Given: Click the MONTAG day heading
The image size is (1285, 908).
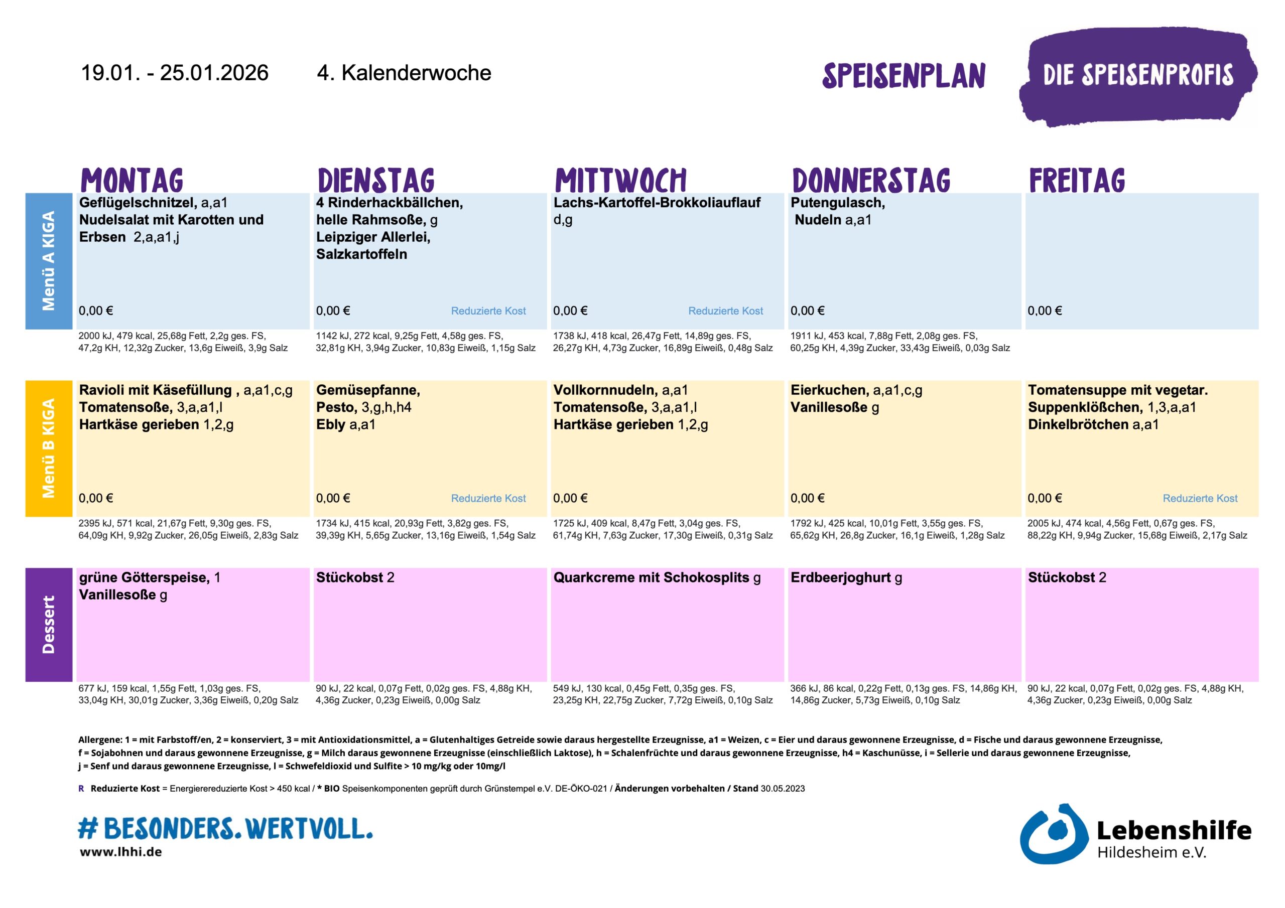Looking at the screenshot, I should point(132,180).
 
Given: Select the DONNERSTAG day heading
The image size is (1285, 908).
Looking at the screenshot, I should point(871,180).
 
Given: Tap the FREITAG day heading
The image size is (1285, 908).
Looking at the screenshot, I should point(1077,180).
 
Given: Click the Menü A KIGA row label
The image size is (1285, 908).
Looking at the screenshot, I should point(49,261).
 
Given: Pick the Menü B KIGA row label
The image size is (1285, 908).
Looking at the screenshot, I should point(49,448).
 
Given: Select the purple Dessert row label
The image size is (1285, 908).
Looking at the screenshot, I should point(49,625).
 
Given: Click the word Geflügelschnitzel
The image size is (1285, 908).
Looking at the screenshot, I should point(138,203).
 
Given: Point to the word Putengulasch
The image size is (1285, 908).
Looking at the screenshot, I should point(837,203).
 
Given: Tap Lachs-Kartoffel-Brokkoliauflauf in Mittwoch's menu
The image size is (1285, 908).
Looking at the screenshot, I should point(657,203).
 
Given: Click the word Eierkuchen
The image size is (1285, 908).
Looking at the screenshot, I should point(829,390).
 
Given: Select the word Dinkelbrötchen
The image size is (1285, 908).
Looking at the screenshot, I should point(1078,424).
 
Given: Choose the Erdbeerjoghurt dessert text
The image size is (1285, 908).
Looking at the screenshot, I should point(840,577).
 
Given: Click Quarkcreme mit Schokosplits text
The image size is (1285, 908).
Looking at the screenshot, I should point(651,577).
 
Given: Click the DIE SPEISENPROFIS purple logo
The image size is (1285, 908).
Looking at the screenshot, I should point(1138,76).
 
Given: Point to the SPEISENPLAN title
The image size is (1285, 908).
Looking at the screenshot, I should point(904,76).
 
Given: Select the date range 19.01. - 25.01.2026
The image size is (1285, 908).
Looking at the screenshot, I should point(175,73).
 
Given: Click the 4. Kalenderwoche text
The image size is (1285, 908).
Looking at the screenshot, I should point(404,73).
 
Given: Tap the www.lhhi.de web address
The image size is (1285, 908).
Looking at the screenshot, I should point(121,852).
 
